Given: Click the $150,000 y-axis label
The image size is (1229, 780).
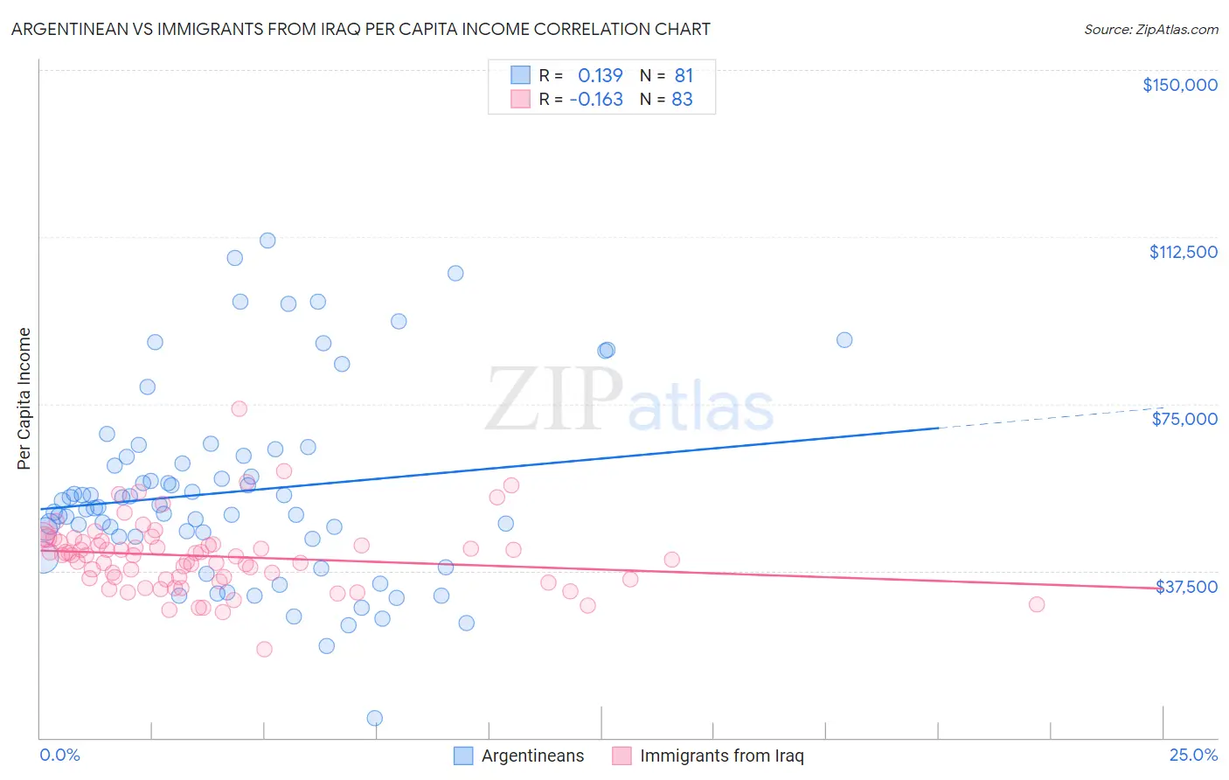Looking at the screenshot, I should [x=1179, y=85].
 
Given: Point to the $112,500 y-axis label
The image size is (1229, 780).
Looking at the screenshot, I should [x=1183, y=252].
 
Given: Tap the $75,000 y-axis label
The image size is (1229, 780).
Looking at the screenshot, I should [x=1184, y=419].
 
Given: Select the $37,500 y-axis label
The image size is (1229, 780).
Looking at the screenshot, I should [x=1186, y=587].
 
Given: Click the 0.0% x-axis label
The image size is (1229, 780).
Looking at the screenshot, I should [x=60, y=756].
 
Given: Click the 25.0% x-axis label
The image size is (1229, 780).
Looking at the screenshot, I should [x=1193, y=756].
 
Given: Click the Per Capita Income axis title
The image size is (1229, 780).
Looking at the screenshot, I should [x=24, y=398].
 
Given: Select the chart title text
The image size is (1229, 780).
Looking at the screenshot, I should [x=360, y=29].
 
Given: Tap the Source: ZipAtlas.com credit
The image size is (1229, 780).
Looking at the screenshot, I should [x=1150, y=29].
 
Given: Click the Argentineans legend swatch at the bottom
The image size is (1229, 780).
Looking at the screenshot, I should [x=463, y=756].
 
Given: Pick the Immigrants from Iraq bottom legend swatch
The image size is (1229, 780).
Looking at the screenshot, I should [x=621, y=756].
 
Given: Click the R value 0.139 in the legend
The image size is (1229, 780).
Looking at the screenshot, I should [x=600, y=75].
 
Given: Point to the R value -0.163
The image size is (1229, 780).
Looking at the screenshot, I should [x=596, y=99].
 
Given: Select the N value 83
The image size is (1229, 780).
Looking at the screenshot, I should [x=682, y=99].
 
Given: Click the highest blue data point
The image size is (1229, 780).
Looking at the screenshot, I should [x=267, y=240].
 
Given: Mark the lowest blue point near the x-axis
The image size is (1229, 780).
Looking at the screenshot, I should [x=374, y=718].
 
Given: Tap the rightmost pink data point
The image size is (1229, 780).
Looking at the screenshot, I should [x=1037, y=604].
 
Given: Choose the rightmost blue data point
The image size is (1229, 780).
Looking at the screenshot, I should [x=844, y=340].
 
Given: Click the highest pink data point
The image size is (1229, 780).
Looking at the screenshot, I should [x=239, y=408].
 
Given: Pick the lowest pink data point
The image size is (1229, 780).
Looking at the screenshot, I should [x=264, y=649].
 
